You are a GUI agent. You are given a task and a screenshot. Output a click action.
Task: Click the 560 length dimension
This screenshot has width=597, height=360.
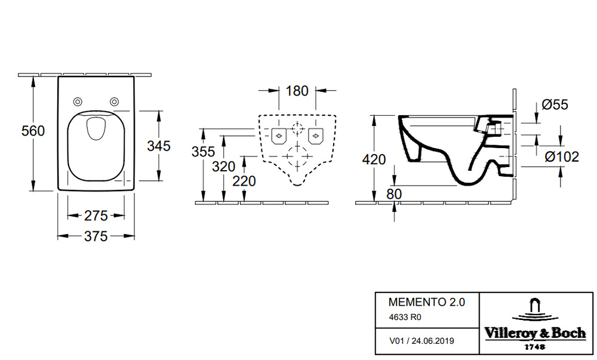[33, 131]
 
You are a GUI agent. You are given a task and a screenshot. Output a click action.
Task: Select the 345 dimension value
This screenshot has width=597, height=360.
[159, 146]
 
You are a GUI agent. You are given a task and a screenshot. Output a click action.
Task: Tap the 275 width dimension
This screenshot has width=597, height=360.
[96, 216]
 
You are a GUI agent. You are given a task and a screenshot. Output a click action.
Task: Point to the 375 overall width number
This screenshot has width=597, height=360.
[96, 236]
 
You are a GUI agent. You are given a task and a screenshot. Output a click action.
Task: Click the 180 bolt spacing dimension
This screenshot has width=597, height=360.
[297, 91]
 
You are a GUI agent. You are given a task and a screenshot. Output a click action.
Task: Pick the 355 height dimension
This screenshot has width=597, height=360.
[204, 152]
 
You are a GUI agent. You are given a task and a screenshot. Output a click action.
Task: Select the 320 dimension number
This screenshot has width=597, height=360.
[223, 167]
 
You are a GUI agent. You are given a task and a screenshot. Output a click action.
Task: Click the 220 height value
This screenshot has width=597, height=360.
[244, 181]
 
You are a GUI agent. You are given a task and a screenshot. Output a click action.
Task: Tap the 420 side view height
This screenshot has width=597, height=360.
[374, 159]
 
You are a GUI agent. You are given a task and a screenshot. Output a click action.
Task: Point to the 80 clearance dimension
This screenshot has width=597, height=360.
[394, 194]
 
